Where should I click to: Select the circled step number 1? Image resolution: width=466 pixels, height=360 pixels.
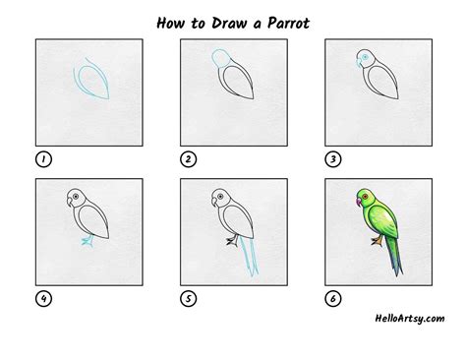point(42,158)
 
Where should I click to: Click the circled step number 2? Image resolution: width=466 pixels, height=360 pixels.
point(186,158)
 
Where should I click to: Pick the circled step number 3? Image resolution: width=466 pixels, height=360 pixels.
point(332,158)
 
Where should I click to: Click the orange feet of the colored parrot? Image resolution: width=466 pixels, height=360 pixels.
point(377,239)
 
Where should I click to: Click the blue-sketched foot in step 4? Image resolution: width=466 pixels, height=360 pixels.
point(87,240)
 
